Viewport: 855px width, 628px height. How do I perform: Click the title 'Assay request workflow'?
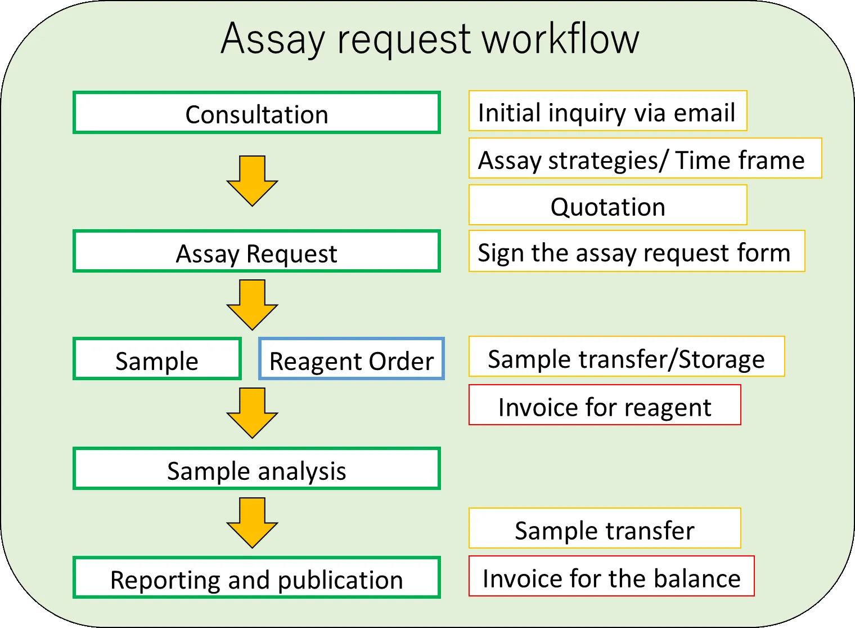[x=430, y=39]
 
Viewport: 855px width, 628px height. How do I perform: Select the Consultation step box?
[x=256, y=113]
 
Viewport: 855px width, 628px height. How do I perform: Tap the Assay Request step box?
[x=256, y=252]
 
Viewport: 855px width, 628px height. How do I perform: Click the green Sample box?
[x=157, y=359]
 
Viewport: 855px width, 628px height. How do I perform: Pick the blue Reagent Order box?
[x=352, y=359]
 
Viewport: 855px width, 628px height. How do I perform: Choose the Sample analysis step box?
[x=256, y=469]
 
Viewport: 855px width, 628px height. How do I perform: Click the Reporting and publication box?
[x=256, y=578]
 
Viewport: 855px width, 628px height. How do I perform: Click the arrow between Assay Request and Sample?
[x=252, y=304]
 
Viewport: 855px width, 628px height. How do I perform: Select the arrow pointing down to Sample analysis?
[x=252, y=413]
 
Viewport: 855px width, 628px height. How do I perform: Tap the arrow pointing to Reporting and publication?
[x=252, y=522]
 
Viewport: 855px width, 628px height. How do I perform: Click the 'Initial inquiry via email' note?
[x=607, y=111]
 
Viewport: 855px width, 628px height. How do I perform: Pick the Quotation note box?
[x=607, y=205]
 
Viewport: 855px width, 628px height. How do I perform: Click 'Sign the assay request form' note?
[x=636, y=251]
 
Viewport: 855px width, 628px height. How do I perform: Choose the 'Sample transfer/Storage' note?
[x=626, y=357]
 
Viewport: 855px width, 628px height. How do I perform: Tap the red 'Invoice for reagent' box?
[x=605, y=405]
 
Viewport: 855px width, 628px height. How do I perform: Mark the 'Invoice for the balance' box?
[x=611, y=576]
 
